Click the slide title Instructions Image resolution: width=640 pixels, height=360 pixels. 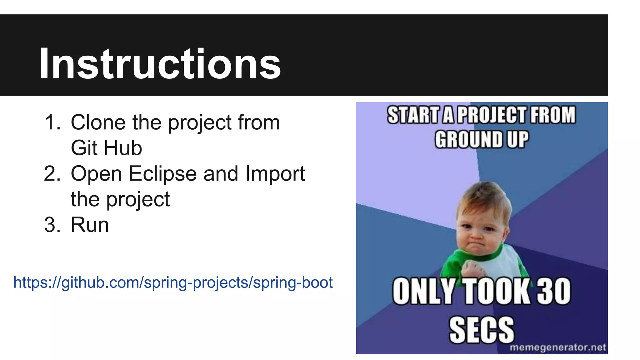coord(160,64)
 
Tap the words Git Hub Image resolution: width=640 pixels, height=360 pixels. coord(106,148)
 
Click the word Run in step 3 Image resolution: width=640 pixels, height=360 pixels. coord(90,225)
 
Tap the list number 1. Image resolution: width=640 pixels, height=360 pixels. coord(52,122)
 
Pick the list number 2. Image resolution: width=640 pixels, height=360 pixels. coord(52,174)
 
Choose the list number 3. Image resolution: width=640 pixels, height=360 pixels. coord(52,225)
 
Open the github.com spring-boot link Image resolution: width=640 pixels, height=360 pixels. coord(173,282)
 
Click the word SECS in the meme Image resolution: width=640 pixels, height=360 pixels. coord(482,330)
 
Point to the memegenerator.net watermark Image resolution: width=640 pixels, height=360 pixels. coord(558,347)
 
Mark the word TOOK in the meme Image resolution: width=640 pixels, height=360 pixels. coord(496,291)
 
